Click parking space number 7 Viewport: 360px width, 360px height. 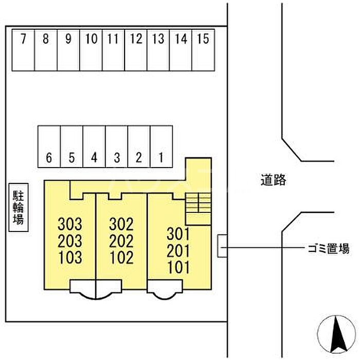[x=23, y=49]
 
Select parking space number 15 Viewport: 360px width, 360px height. [x=203, y=49]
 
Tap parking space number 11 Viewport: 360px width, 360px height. [x=114, y=49]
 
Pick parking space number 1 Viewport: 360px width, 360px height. [x=161, y=147]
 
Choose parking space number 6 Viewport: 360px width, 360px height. [x=49, y=147]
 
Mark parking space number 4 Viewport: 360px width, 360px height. [x=94, y=147]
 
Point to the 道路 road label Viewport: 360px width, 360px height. [x=273, y=180]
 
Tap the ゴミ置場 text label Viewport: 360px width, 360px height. [x=326, y=249]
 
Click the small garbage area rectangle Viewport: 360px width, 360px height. [x=222, y=246]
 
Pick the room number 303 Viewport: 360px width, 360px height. [x=70, y=224]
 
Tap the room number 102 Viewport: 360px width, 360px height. [x=121, y=257]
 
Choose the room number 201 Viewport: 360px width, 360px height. [x=178, y=250]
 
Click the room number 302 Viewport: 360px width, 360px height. [x=121, y=224]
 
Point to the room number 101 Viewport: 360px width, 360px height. [x=178, y=267]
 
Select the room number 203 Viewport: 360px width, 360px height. [x=70, y=241]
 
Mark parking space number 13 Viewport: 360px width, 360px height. [x=158, y=49]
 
